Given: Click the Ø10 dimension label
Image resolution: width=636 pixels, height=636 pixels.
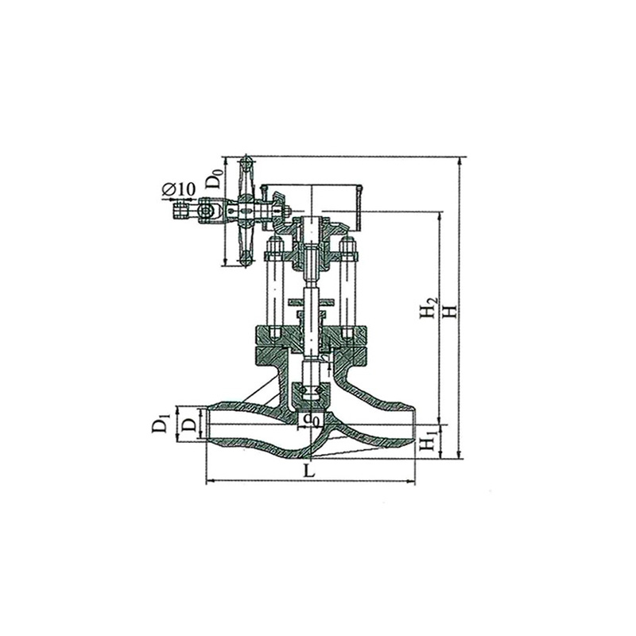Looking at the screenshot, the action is coord(178,188).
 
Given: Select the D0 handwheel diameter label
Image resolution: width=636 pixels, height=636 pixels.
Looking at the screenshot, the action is coord(214,176).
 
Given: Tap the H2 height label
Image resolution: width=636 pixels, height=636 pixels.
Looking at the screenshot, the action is coord(429,307).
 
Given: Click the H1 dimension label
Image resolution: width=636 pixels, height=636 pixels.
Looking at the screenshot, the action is coord(429,442).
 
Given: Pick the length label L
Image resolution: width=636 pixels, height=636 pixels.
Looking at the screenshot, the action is coord(309,470).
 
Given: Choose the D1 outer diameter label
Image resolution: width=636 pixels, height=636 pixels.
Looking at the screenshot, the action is coord(160,422).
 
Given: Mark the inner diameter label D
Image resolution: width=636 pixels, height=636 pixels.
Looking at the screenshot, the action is coord(188,425).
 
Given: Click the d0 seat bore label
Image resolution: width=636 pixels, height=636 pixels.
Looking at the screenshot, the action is coord(312,420).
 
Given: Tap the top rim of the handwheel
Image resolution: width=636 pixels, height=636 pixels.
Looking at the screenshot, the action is coord(245,165).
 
